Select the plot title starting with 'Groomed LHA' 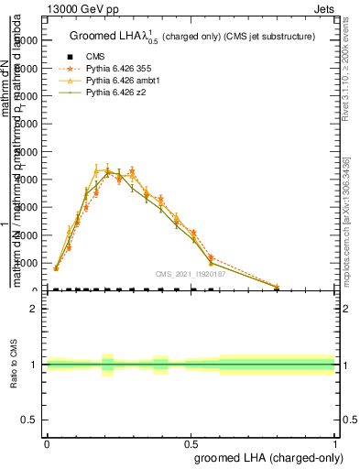pyautogui.click(x=192, y=37)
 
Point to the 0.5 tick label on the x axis pyautogui.click(x=191, y=442)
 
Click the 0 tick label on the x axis pyautogui.click(x=47, y=442)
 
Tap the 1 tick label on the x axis pyautogui.click(x=335, y=442)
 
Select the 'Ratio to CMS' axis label pyautogui.click(x=15, y=365)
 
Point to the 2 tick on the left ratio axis pyautogui.click(x=35, y=309)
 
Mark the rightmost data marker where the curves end pyautogui.click(x=278, y=287)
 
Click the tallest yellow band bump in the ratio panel pyautogui.click(x=107, y=365)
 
